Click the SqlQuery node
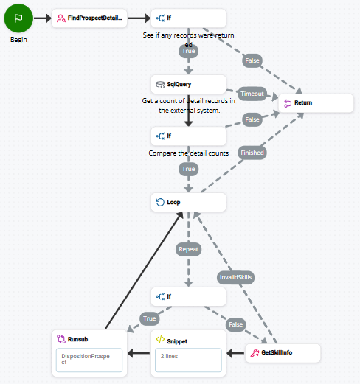(x=188, y=85)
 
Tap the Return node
(x=315, y=103)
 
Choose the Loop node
(x=188, y=202)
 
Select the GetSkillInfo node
(x=283, y=353)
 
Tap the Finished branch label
(x=252, y=153)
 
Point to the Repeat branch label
(x=188, y=250)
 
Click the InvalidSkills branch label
(x=236, y=277)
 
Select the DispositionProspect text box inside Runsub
(x=89, y=359)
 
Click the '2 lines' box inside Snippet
(x=188, y=360)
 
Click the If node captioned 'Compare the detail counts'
(x=188, y=136)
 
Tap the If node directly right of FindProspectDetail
(x=188, y=18)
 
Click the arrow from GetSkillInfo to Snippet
(x=235, y=353)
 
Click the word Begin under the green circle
(x=18, y=40)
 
